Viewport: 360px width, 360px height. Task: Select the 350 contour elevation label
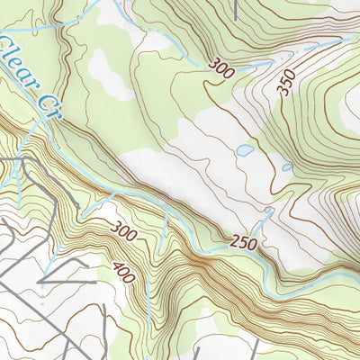point(286,83)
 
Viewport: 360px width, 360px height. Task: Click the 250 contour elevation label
point(242,243)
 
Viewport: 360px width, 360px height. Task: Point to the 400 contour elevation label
point(124,272)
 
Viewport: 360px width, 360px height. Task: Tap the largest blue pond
point(243,150)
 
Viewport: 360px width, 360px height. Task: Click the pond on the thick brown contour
point(286,166)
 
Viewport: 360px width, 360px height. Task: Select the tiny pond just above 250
point(268,212)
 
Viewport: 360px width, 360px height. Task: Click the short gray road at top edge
point(235,9)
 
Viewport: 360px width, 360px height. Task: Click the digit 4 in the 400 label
point(118,265)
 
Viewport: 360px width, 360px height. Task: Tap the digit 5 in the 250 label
point(242,243)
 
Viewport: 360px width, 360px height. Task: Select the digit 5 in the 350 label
point(286,83)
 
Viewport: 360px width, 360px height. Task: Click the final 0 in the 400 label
point(131,279)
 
